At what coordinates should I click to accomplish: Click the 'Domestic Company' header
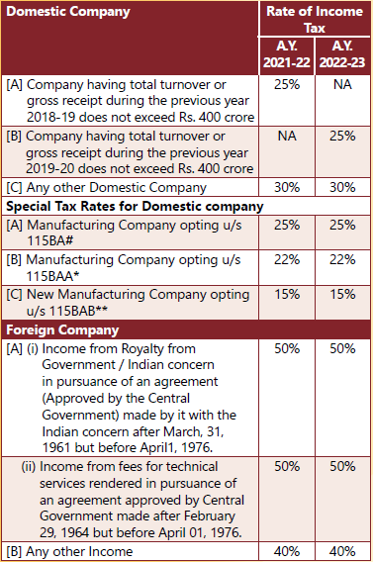click(x=68, y=12)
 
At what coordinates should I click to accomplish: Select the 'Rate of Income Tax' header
click(x=315, y=20)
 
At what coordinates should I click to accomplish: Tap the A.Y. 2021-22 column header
click(x=287, y=54)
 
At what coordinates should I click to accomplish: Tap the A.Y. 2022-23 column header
click(x=342, y=54)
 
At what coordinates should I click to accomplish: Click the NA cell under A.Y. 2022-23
click(x=342, y=84)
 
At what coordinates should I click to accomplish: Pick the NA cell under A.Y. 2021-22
click(x=287, y=137)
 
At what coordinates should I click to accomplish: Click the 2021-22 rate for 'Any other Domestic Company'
click(x=287, y=187)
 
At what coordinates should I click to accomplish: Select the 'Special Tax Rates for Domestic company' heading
click(x=135, y=207)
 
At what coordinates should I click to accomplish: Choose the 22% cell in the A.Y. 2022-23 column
click(x=342, y=259)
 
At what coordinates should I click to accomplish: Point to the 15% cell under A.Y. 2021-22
click(x=287, y=294)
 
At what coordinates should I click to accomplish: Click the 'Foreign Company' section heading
click(x=62, y=330)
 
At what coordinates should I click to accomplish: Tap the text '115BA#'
click(x=49, y=240)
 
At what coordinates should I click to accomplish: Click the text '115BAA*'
click(x=52, y=276)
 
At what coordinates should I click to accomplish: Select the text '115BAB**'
click(x=67, y=311)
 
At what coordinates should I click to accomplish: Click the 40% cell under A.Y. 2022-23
click(x=342, y=551)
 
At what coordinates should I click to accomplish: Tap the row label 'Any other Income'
click(x=79, y=551)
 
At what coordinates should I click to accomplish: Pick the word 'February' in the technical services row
click(x=210, y=516)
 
